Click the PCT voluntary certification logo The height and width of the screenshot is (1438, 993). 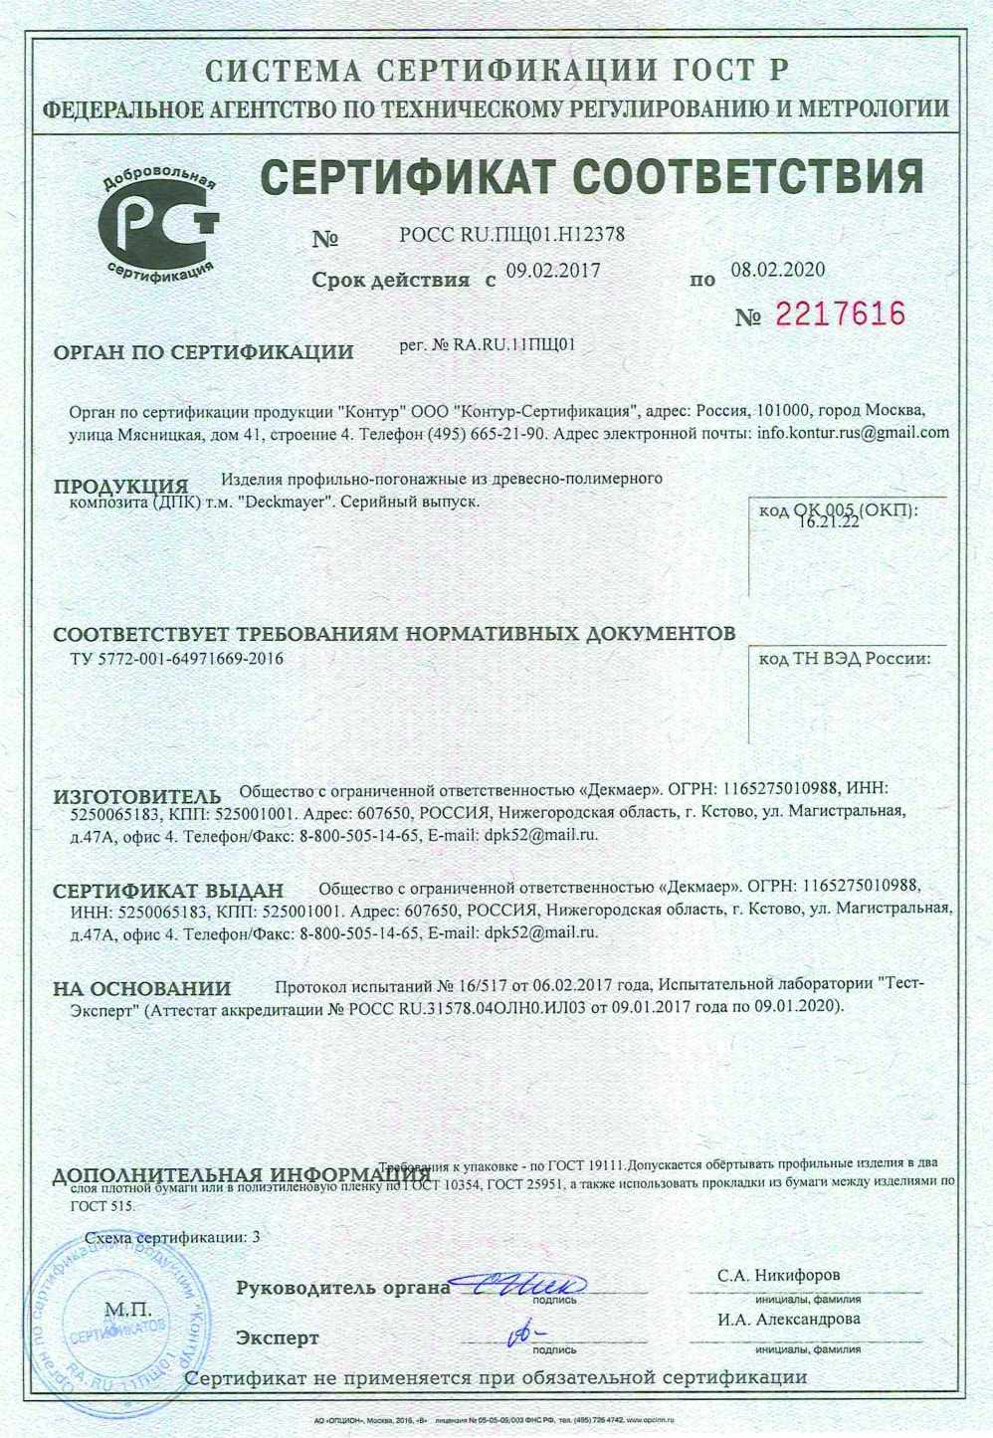coord(159,221)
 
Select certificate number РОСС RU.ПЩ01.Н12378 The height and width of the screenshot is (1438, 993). coord(511,236)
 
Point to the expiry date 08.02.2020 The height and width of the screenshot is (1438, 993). coord(778,270)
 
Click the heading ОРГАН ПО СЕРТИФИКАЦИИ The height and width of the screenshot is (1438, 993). coord(203,351)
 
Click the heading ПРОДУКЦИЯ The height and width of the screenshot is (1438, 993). coord(120,487)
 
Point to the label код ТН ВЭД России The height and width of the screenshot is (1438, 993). coord(845,658)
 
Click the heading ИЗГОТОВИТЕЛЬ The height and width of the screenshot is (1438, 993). coord(137,797)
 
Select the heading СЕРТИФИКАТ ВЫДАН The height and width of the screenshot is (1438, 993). coord(168,890)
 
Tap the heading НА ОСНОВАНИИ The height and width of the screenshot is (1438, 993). coord(141,988)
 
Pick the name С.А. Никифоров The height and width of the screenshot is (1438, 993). coord(778,1275)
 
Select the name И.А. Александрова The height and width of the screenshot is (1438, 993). coord(787,1319)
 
